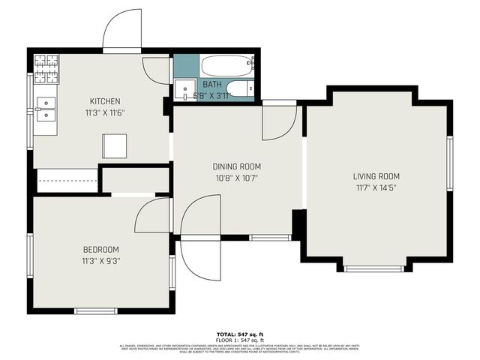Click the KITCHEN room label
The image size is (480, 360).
(x=105, y=101)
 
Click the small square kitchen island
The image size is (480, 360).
(x=115, y=145)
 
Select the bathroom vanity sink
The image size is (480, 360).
(x=184, y=90)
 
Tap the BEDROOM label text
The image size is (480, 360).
(x=100, y=250)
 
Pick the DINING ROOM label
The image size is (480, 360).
(x=235, y=166)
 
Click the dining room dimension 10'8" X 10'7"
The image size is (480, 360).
(x=235, y=178)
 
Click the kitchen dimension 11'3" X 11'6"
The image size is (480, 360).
(x=105, y=113)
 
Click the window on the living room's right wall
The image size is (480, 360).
(x=449, y=163)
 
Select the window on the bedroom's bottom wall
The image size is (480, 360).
(x=96, y=310)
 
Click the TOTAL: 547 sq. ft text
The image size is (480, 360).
(x=240, y=333)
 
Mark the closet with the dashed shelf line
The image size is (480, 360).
(x=67, y=181)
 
